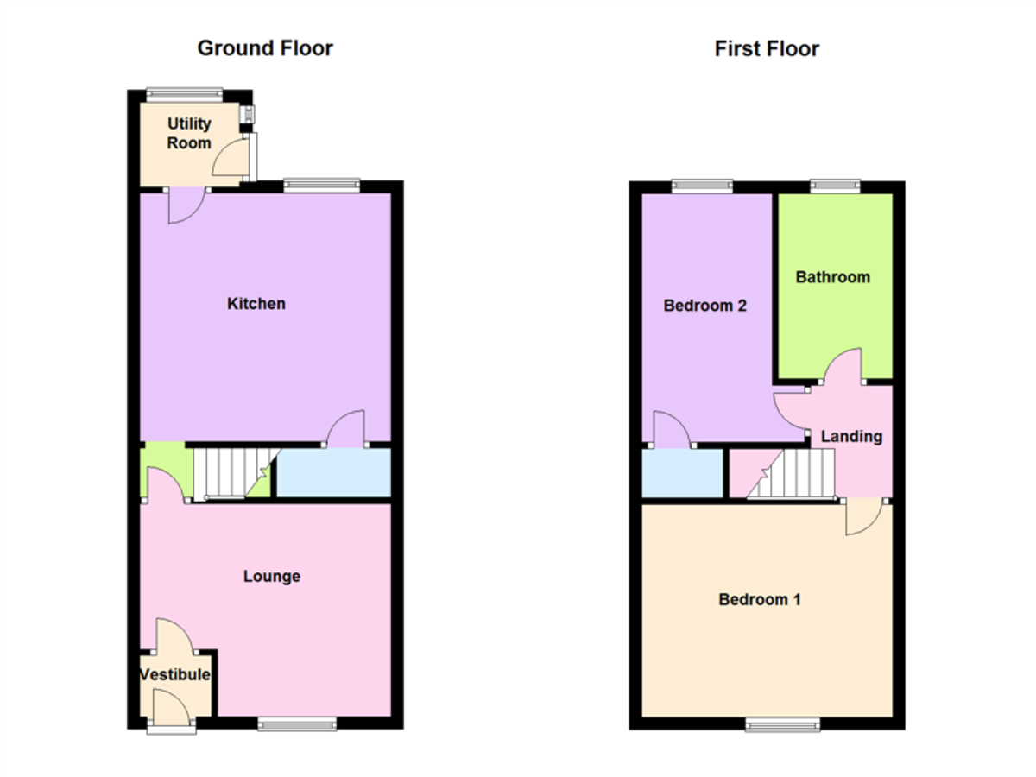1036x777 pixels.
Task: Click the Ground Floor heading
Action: [x=265, y=48]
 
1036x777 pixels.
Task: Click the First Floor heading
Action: [x=767, y=48]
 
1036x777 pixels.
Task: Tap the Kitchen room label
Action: [x=256, y=303]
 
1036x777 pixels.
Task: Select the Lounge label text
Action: [x=272, y=576]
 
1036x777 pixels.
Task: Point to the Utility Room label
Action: [x=189, y=133]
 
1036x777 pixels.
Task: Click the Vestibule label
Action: [x=175, y=674]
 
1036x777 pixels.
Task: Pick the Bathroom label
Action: [x=832, y=277]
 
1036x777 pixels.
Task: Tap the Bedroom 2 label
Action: [x=704, y=306]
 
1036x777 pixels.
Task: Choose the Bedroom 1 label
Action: [x=760, y=600]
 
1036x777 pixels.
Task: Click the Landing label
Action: [x=851, y=436]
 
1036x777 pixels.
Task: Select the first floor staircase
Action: [x=791, y=473]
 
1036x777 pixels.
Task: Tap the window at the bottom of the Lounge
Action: [x=297, y=723]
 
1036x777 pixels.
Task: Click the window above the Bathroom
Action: [x=836, y=186]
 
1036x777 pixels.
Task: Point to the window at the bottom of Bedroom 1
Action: [x=782, y=724]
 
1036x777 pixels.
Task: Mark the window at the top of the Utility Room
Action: [x=184, y=95]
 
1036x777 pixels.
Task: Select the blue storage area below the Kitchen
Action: [x=334, y=472]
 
